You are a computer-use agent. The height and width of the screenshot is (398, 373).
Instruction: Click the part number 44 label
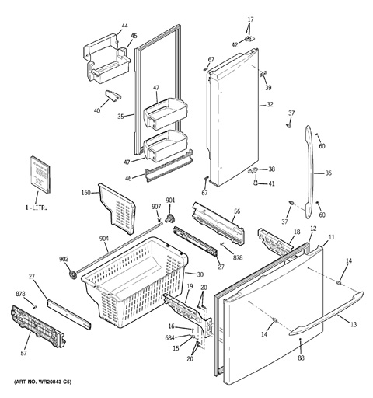click(124, 26)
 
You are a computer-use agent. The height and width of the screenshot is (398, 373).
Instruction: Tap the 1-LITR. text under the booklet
click(36, 208)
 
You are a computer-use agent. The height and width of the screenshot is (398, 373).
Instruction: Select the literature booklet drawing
click(40, 175)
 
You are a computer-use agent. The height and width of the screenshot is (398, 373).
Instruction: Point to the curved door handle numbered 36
click(310, 173)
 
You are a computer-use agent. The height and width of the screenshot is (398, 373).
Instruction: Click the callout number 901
click(170, 201)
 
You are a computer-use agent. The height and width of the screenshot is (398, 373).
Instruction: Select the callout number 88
click(301, 358)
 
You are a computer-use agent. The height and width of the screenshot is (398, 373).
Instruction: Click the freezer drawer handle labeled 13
click(327, 313)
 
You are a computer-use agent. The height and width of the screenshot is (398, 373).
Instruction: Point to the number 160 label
click(85, 193)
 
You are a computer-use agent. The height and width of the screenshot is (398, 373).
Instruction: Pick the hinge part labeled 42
click(249, 39)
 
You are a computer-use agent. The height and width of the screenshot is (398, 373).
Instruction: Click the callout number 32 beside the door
click(270, 105)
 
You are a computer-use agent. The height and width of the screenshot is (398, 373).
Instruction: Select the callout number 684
click(169, 337)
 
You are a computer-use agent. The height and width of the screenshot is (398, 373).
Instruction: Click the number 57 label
click(23, 353)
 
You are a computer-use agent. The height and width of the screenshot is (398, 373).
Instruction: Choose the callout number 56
click(237, 211)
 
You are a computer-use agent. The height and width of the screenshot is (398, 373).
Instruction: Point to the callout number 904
click(104, 239)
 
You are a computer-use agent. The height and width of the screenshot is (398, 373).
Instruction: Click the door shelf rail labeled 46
click(170, 166)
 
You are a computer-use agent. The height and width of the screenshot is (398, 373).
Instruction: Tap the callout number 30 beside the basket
click(200, 274)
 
